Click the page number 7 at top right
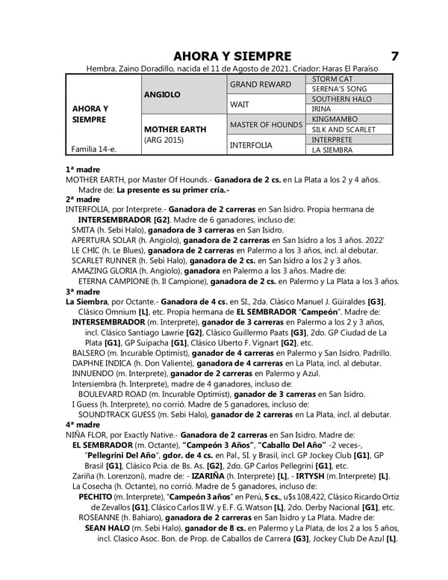(394, 56)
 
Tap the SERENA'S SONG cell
(340, 89)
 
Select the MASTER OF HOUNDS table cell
(266, 124)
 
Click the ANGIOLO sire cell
(163, 94)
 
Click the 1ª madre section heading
(83, 170)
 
